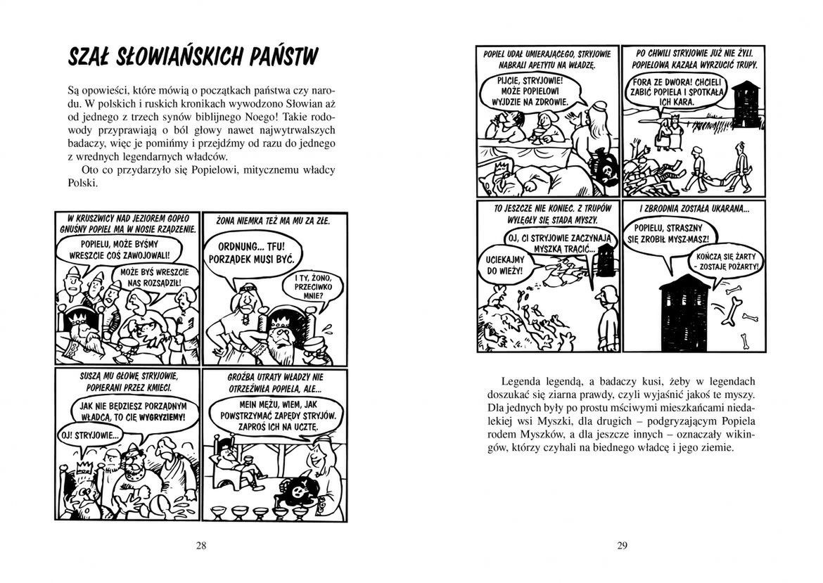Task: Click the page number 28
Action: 201,545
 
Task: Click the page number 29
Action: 622,545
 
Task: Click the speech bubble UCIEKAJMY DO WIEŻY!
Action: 505,267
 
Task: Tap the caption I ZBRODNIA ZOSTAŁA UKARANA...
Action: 694,209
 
